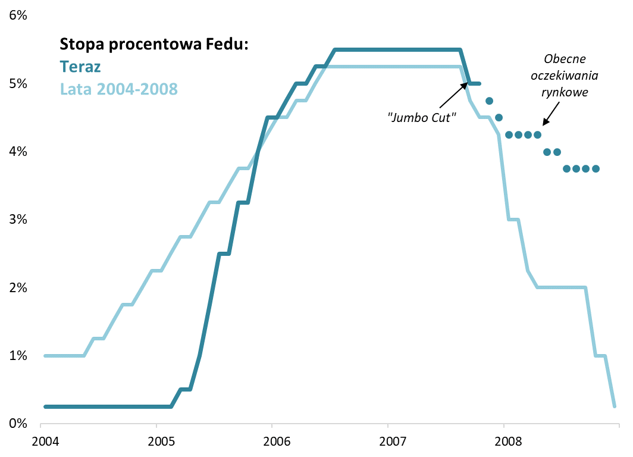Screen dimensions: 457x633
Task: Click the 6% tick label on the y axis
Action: click(18, 16)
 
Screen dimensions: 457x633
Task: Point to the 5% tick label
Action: click(18, 84)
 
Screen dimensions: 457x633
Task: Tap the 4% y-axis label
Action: click(18, 152)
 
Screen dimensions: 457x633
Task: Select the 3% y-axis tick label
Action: click(18, 220)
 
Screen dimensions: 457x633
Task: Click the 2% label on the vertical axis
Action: click(18, 288)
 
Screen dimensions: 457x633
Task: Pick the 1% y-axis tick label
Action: click(18, 356)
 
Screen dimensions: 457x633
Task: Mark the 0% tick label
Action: click(18, 424)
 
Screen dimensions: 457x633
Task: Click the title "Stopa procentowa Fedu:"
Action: click(153, 44)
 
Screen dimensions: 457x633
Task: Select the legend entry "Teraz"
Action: click(80, 67)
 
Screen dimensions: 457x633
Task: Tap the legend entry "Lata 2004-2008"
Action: click(118, 89)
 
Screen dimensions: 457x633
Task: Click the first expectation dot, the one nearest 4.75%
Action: click(489, 101)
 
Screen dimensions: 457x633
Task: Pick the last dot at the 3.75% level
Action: click(596, 168)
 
